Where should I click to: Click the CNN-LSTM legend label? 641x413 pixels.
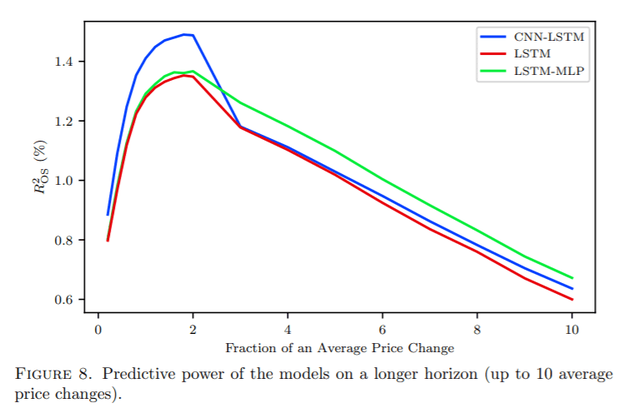click(x=549, y=37)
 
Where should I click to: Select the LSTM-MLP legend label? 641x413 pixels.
click(x=549, y=71)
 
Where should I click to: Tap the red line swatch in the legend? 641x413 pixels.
click(x=493, y=53)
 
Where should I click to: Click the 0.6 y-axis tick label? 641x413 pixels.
click(x=64, y=300)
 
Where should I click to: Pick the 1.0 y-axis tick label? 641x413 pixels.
click(x=64, y=181)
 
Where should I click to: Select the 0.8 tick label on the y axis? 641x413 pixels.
click(x=64, y=240)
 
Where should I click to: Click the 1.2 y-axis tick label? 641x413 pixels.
click(x=64, y=122)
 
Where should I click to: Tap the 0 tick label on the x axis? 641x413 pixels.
click(x=98, y=329)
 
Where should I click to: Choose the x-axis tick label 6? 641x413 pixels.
click(x=383, y=329)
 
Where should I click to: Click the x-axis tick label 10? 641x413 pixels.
click(x=572, y=329)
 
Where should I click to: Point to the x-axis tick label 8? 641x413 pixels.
click(x=477, y=329)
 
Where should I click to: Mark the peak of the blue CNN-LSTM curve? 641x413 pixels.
click(x=184, y=34)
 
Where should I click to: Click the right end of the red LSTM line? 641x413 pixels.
click(x=572, y=300)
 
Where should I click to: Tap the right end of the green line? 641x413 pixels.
click(x=572, y=278)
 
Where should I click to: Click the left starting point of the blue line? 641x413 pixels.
click(x=108, y=215)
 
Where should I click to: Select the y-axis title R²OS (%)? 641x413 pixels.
click(x=41, y=167)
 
